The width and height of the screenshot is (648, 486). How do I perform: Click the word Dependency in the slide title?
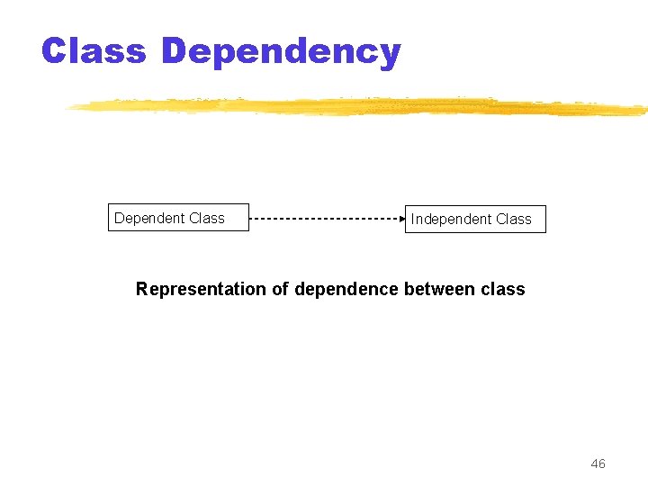pyautogui.click(x=281, y=52)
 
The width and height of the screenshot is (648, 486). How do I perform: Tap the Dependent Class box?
pyautogui.click(x=178, y=218)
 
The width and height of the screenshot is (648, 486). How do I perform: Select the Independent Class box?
pyautogui.click(x=475, y=219)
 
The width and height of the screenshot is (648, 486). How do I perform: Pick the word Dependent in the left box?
pyautogui.click(x=149, y=218)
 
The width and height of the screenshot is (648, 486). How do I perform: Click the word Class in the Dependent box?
pyautogui.click(x=207, y=218)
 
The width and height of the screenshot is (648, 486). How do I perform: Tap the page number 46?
pyautogui.click(x=598, y=463)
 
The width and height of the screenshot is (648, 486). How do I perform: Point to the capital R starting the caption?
pyautogui.click(x=142, y=289)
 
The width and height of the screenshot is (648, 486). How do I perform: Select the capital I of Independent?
pyautogui.click(x=413, y=219)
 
